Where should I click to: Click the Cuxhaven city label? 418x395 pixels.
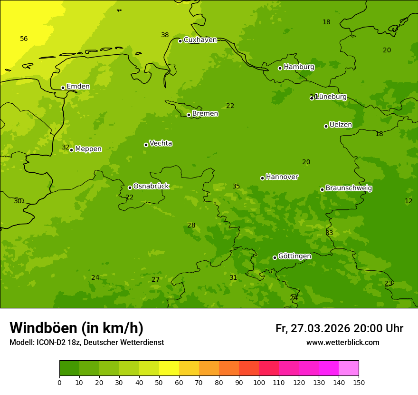click(x=200, y=40)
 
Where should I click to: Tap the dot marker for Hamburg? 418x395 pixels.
click(x=280, y=68)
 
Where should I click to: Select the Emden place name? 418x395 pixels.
click(x=78, y=87)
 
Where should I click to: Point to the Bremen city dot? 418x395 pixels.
click(x=189, y=115)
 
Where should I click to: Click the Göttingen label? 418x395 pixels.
click(x=294, y=257)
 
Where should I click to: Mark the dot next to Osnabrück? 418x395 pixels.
click(x=130, y=188)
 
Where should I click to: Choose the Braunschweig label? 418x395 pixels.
click(x=349, y=188)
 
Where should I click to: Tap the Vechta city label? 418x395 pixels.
click(x=161, y=143)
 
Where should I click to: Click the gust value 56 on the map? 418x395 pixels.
click(x=24, y=39)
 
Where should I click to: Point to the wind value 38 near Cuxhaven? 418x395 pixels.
click(x=165, y=35)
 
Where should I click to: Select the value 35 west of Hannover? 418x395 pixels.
click(x=236, y=186)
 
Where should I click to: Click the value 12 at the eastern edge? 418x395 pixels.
click(x=408, y=201)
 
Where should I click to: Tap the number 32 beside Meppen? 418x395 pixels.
click(x=66, y=148)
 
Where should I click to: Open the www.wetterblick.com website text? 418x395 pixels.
click(x=342, y=343)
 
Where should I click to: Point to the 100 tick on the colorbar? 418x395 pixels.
click(x=259, y=382)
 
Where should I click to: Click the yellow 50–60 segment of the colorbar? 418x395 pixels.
click(x=169, y=368)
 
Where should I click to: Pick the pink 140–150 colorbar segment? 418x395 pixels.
click(x=349, y=368)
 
